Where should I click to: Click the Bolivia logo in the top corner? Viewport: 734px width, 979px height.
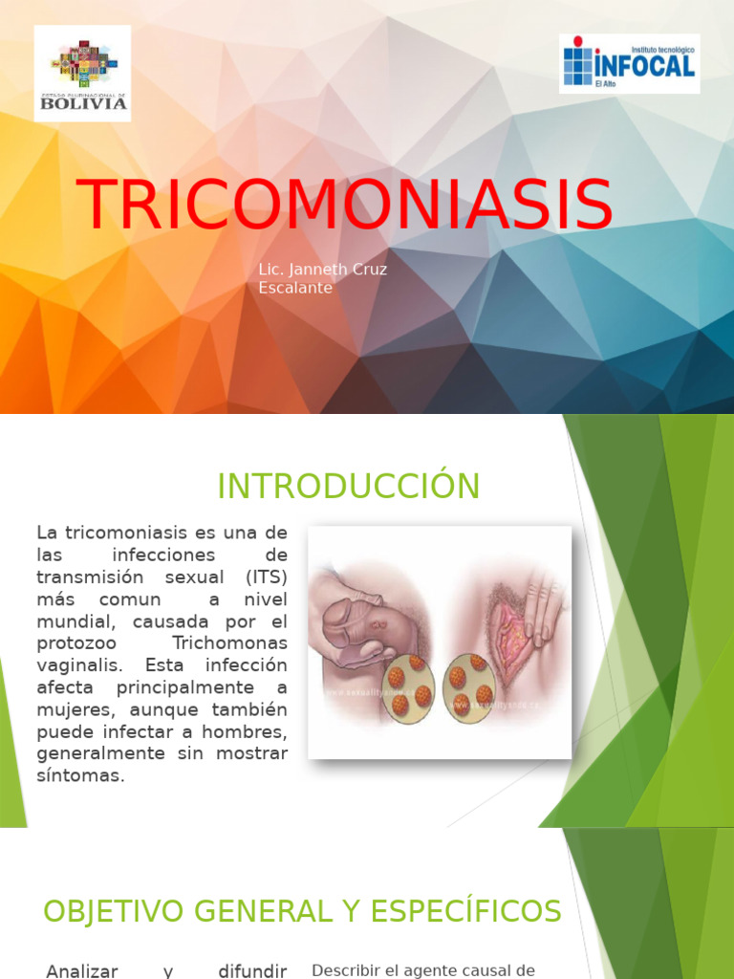click(x=82, y=74)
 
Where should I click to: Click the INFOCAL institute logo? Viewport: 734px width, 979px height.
click(x=629, y=63)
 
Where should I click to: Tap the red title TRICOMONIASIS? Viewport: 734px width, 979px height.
click(x=345, y=204)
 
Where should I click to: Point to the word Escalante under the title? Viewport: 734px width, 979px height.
click(x=295, y=288)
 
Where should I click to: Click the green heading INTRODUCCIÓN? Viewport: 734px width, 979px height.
click(x=348, y=487)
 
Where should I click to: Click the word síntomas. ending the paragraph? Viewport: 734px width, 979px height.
click(x=81, y=775)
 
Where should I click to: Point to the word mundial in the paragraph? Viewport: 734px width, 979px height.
click(x=70, y=620)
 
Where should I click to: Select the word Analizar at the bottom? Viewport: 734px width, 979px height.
click(x=82, y=971)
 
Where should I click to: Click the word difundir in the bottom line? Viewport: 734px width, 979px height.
click(x=252, y=971)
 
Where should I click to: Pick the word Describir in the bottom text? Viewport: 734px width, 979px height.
click(x=351, y=969)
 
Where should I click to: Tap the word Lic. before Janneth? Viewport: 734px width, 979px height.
click(x=271, y=270)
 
